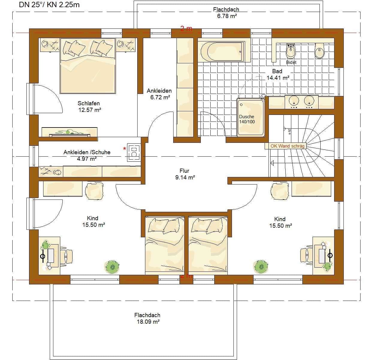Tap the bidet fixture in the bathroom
(x=291, y=52)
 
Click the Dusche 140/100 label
(x=247, y=119)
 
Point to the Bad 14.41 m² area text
(x=278, y=74)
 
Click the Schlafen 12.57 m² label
(x=89, y=106)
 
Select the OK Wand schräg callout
(x=287, y=146)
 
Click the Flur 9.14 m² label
(x=185, y=174)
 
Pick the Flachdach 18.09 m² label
(x=147, y=318)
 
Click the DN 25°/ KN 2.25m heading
(x=49, y=4)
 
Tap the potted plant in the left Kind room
(x=112, y=266)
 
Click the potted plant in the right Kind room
(x=261, y=266)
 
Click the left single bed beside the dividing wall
(x=164, y=244)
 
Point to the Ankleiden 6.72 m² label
(x=159, y=94)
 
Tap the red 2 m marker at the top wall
(x=186, y=28)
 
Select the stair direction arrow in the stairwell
(x=272, y=163)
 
